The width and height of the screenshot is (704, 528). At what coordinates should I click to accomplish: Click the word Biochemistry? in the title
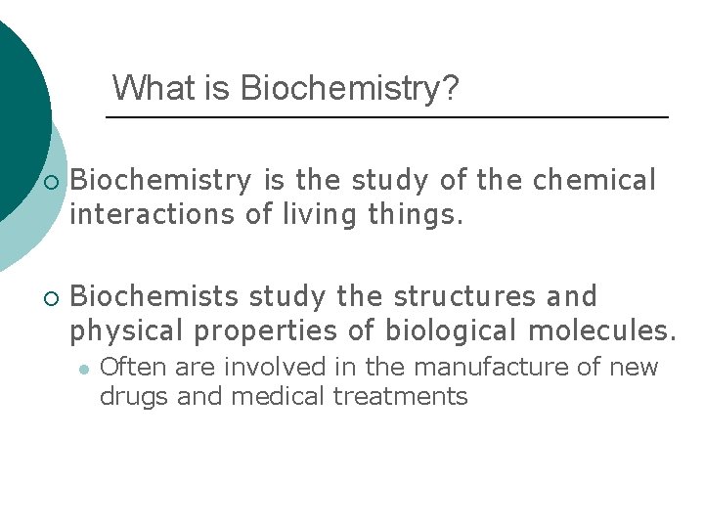tap(349, 89)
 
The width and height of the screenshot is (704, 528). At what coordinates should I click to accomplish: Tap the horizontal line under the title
tap(386, 117)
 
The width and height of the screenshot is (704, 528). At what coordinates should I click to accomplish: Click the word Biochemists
tap(157, 295)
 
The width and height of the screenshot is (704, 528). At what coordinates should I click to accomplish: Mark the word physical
tap(129, 330)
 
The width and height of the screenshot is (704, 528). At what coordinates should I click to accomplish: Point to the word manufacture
tap(482, 368)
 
